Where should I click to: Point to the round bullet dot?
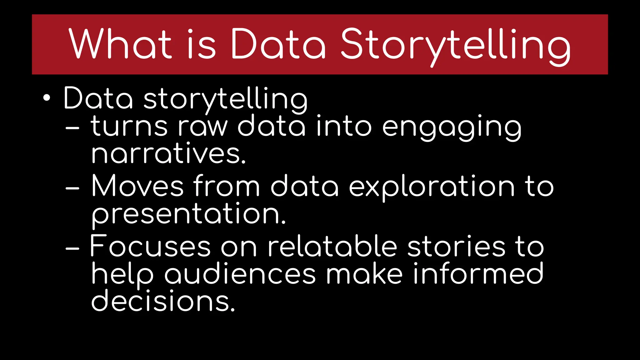(47, 98)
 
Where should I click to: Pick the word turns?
(129, 126)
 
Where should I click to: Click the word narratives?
(168, 154)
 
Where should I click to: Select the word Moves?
(137, 186)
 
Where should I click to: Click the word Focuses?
(150, 246)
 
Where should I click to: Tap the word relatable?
(332, 246)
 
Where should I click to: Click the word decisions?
(162, 301)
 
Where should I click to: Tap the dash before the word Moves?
(72, 188)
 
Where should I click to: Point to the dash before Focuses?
(72, 249)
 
